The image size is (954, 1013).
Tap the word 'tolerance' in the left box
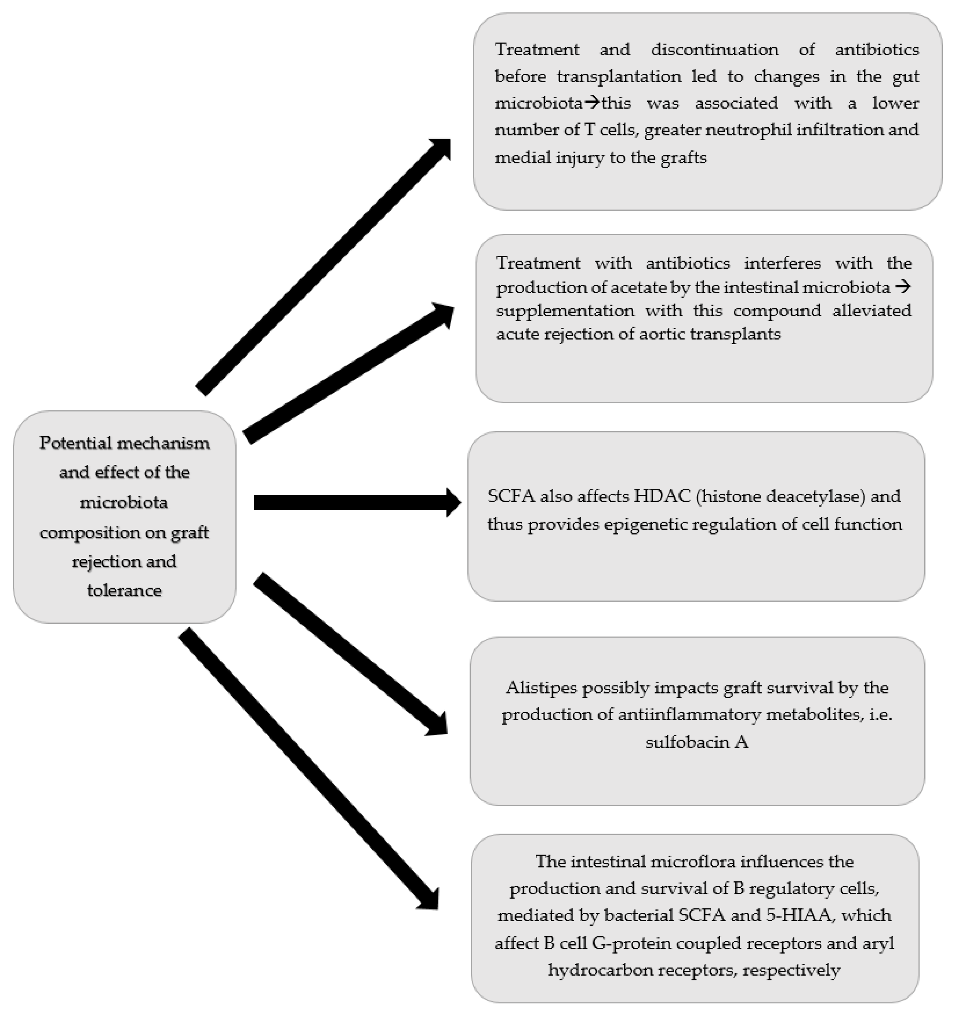124,590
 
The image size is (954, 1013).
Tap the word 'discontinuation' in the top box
714,50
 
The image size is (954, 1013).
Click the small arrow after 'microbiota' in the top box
592,103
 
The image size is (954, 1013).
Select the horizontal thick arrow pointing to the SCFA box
357,503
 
